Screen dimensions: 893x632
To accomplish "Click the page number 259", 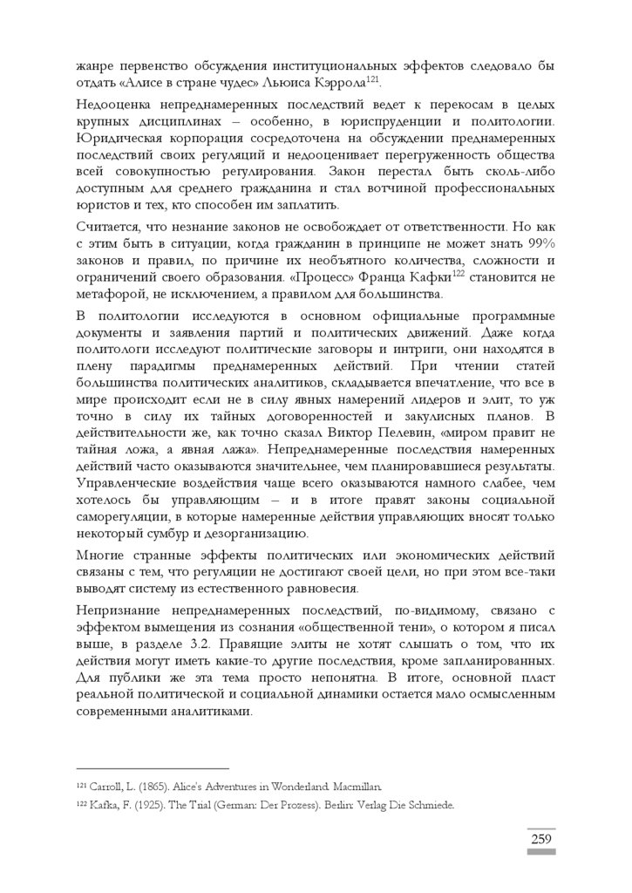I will pos(540,840).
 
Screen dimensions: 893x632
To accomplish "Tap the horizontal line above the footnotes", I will pos(153,768).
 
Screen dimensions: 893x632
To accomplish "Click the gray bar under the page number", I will pos(540,853).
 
